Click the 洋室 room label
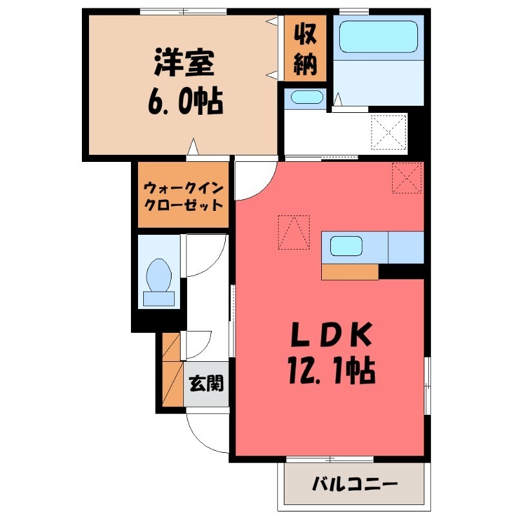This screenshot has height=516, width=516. (x=184, y=63)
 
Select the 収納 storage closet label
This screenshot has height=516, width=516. (x=304, y=48)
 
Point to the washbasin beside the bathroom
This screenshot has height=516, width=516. (x=305, y=98)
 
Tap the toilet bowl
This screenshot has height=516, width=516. (x=159, y=276)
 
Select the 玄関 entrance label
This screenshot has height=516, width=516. (x=206, y=384)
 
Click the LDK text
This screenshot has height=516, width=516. (x=330, y=335)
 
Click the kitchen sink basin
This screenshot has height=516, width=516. (x=346, y=246)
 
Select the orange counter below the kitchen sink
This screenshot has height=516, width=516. (x=350, y=272)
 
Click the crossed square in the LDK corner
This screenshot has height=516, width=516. (x=406, y=177)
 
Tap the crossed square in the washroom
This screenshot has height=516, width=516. (x=388, y=132)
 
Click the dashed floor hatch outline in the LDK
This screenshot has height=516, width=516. (x=293, y=232)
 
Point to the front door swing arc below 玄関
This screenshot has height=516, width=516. (x=205, y=431)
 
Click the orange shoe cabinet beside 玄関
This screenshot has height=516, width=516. (x=172, y=372)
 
